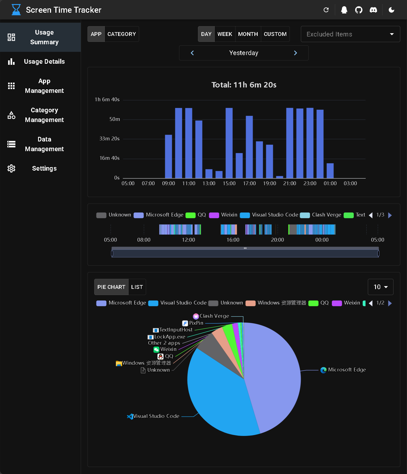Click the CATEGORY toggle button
point(122,34)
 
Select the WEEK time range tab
point(225,34)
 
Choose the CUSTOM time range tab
point(275,34)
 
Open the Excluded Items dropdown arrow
point(392,34)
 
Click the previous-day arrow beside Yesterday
point(192,53)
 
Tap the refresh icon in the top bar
point(326,10)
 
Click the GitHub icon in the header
point(359,10)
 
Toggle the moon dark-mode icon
point(391,10)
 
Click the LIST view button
point(137,287)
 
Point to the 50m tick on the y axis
point(115,119)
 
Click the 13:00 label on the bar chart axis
point(209,184)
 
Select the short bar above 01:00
point(330,171)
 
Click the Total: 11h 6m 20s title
point(244,85)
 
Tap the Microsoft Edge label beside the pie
point(347,370)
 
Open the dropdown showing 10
point(381,287)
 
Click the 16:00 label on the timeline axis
point(233,240)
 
